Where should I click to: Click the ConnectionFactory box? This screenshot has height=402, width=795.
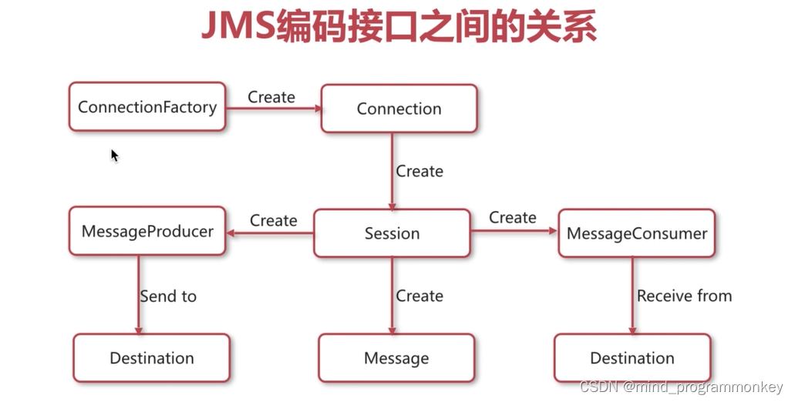click(x=147, y=107)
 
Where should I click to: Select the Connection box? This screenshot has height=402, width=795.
click(x=399, y=109)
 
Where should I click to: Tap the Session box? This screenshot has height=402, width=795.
click(x=392, y=233)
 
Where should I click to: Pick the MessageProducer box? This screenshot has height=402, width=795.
click(x=147, y=231)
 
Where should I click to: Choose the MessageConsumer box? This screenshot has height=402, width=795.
click(x=637, y=233)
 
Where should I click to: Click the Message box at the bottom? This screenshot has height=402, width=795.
click(x=396, y=358)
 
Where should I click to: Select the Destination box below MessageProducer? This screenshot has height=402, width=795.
click(x=152, y=358)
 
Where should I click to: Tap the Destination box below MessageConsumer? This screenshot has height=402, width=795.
click(x=632, y=358)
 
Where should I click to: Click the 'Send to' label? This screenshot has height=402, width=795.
click(x=168, y=296)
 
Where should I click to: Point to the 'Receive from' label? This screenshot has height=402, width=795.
click(x=684, y=296)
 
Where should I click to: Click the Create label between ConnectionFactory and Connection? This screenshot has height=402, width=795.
click(x=271, y=97)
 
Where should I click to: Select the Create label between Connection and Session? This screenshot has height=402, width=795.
click(x=419, y=171)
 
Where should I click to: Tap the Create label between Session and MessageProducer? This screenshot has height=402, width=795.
click(x=274, y=220)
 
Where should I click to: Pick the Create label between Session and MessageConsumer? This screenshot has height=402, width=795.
click(x=513, y=218)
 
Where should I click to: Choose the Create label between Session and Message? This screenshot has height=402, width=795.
click(x=419, y=296)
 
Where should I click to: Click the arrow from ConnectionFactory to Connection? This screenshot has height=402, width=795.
click(x=274, y=109)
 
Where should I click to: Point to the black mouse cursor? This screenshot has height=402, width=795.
click(x=114, y=156)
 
